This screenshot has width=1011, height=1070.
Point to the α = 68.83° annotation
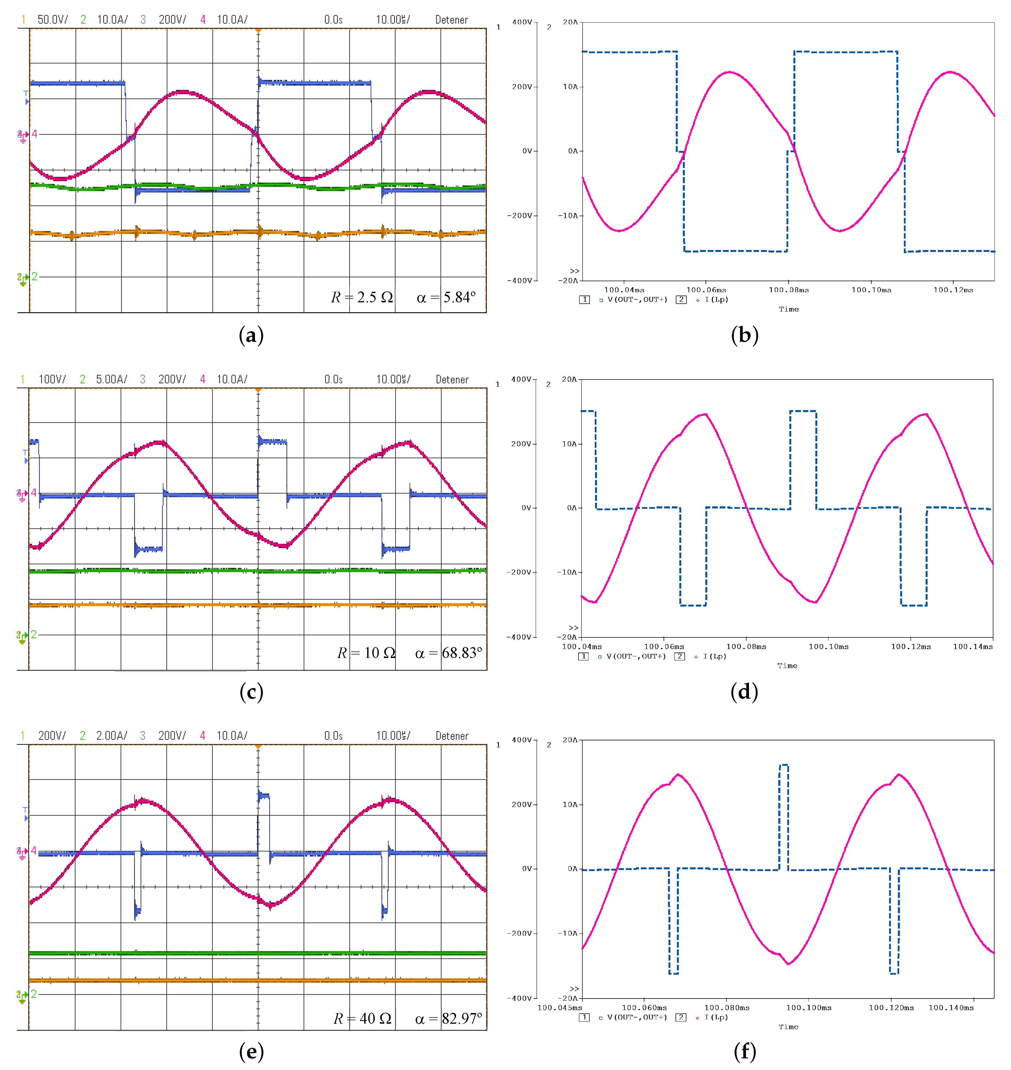click(x=448, y=653)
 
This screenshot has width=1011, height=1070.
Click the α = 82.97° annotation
click(x=448, y=1018)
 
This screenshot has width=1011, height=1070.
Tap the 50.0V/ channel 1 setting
click(x=52, y=20)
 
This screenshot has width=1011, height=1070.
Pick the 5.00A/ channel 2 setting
click(x=112, y=379)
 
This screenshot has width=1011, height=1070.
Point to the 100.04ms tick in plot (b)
click(x=624, y=290)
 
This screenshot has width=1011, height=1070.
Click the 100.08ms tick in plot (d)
click(x=746, y=647)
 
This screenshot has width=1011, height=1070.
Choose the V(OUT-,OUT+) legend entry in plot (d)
click(x=636, y=656)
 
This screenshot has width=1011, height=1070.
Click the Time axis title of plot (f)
click(x=788, y=1027)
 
